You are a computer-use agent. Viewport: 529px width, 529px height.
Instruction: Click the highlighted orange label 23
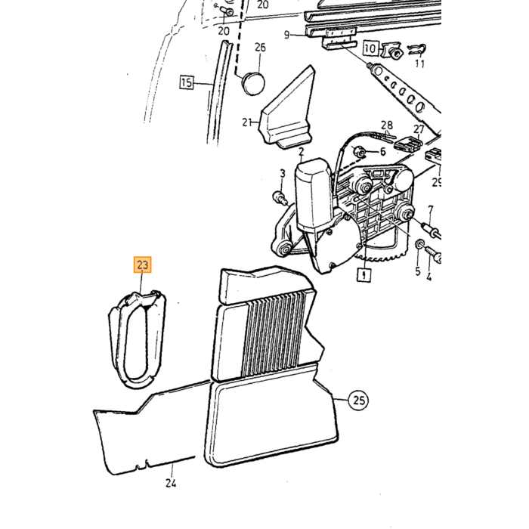click(143, 264)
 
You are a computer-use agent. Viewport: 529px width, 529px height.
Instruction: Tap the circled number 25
click(359, 401)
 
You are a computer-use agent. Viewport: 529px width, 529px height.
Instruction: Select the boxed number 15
click(187, 82)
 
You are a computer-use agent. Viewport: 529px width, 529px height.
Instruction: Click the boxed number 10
click(370, 48)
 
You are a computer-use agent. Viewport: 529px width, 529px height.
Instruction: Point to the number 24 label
click(171, 484)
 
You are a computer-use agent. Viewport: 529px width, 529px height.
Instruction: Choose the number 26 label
click(260, 47)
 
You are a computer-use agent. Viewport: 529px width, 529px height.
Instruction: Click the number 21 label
click(247, 122)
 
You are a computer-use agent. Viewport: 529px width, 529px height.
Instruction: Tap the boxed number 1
click(364, 274)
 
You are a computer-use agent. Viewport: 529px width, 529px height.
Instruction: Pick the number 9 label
click(286, 35)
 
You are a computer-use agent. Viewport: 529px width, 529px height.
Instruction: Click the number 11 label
click(419, 63)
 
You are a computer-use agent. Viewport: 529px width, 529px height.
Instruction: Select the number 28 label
click(387, 125)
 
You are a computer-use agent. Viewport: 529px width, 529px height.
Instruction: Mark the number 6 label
click(382, 152)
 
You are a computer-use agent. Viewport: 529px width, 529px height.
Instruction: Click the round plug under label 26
click(252, 82)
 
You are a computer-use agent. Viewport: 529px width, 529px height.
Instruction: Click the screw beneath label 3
click(280, 198)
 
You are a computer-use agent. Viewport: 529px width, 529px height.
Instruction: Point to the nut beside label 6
click(359, 152)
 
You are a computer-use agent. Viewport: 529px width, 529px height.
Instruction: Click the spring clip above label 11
click(416, 50)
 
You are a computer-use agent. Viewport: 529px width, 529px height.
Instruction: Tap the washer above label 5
click(419, 244)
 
